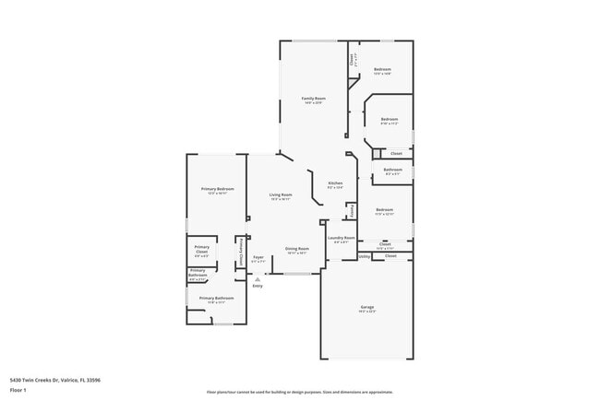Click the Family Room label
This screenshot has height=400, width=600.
(314, 99)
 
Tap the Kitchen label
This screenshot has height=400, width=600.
(335, 183)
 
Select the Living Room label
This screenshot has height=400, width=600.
(281, 194)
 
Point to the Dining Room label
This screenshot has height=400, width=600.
(296, 249)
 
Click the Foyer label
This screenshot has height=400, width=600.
(258, 257)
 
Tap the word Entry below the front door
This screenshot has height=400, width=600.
(257, 286)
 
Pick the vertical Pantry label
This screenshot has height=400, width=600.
(352, 211)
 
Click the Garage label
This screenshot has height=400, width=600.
(366, 307)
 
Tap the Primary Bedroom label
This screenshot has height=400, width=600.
(217, 189)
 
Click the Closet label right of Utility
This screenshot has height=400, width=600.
(390, 255)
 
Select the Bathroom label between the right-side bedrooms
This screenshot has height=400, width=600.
(393, 170)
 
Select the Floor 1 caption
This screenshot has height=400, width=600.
(18, 390)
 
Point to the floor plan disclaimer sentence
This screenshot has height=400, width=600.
(299, 392)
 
